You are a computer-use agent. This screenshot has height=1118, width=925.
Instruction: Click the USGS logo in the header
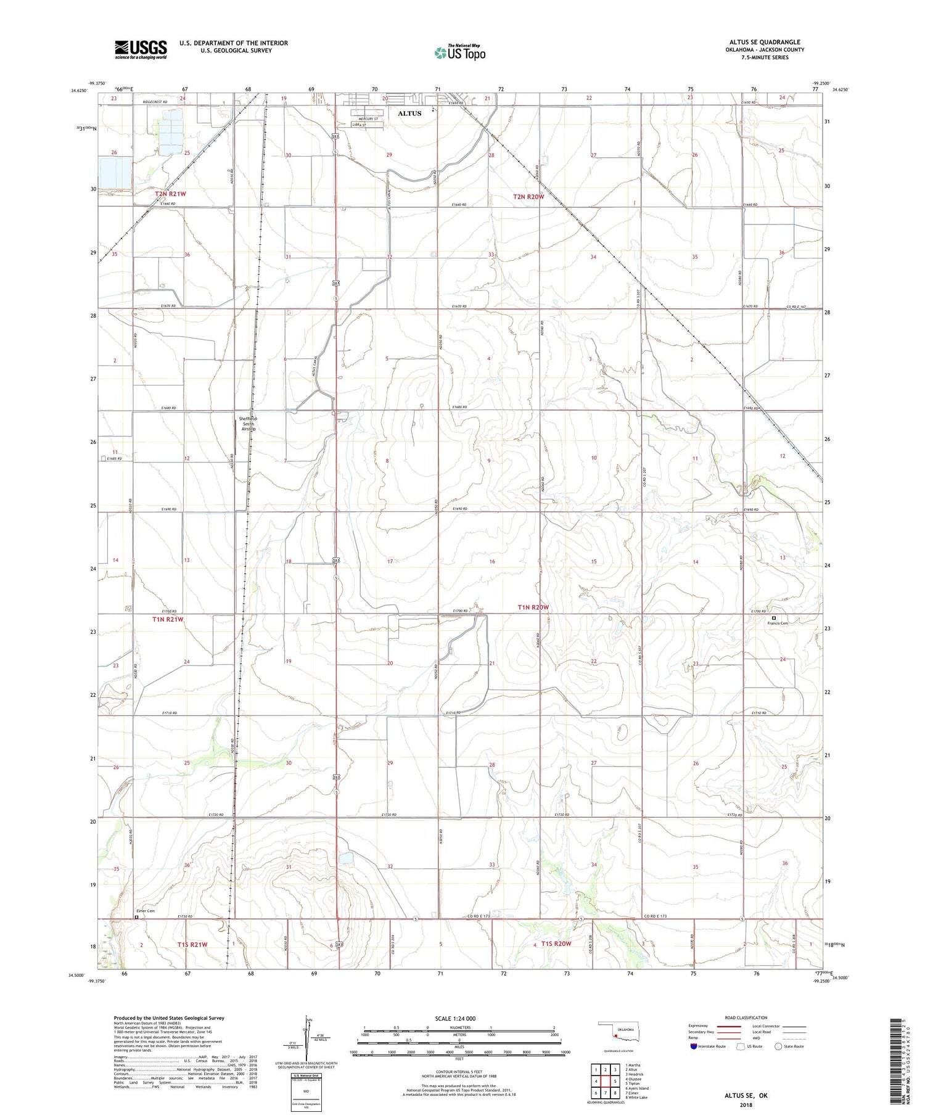pos(141,49)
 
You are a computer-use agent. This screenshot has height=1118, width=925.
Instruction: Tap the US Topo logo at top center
pos(459,52)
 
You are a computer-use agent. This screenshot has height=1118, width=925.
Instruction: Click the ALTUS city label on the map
pos(409,113)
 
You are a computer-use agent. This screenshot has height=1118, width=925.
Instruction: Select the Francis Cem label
pos(778,623)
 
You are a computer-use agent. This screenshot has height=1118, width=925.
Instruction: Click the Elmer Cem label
pos(146,911)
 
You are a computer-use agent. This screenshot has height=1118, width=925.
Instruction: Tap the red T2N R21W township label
pos(170,194)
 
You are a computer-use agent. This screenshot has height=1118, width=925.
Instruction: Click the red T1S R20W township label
pos(556,943)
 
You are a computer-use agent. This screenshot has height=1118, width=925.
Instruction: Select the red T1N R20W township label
pos(533,607)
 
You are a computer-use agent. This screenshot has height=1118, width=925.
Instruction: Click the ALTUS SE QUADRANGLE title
pos(765,42)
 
